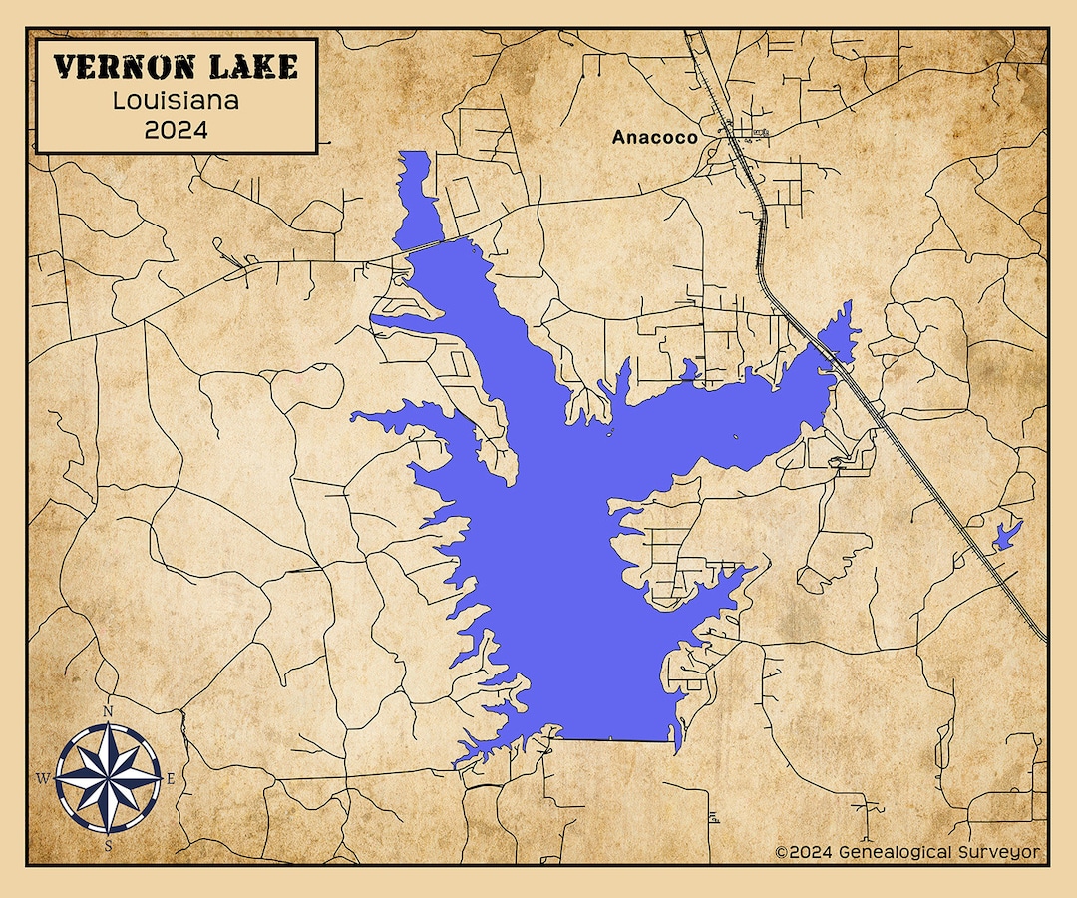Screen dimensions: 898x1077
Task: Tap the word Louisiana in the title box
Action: click(x=176, y=101)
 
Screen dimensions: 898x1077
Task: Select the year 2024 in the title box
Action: click(x=176, y=130)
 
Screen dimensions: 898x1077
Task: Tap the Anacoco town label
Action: click(x=654, y=138)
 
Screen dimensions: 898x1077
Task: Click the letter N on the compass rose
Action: click(x=108, y=711)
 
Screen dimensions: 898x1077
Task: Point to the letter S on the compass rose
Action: click(x=108, y=845)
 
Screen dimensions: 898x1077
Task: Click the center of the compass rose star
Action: click(x=108, y=778)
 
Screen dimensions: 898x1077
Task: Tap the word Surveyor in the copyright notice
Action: click(x=1001, y=852)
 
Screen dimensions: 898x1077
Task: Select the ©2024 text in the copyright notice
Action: click(x=803, y=852)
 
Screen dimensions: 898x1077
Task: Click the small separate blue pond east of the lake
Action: click(x=1006, y=536)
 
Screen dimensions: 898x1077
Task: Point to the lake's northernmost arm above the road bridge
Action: click(x=417, y=200)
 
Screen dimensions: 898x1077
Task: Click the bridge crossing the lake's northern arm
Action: click(x=439, y=244)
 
